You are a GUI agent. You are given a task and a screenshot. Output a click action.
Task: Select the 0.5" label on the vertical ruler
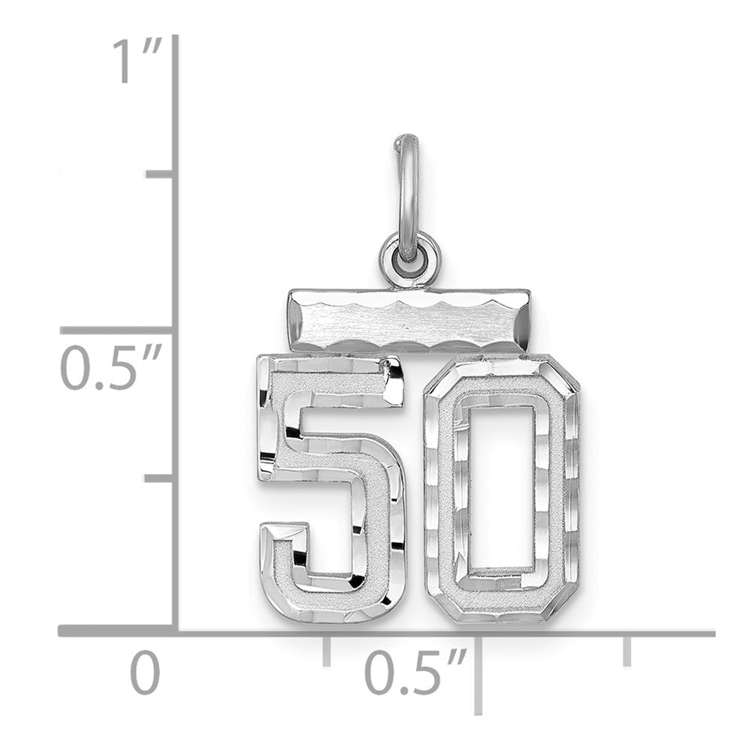click(x=111, y=369)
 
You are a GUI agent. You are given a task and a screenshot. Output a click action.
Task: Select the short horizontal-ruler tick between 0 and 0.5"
click(x=327, y=650)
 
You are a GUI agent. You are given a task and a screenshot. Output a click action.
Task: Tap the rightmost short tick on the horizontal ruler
click(x=628, y=650)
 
